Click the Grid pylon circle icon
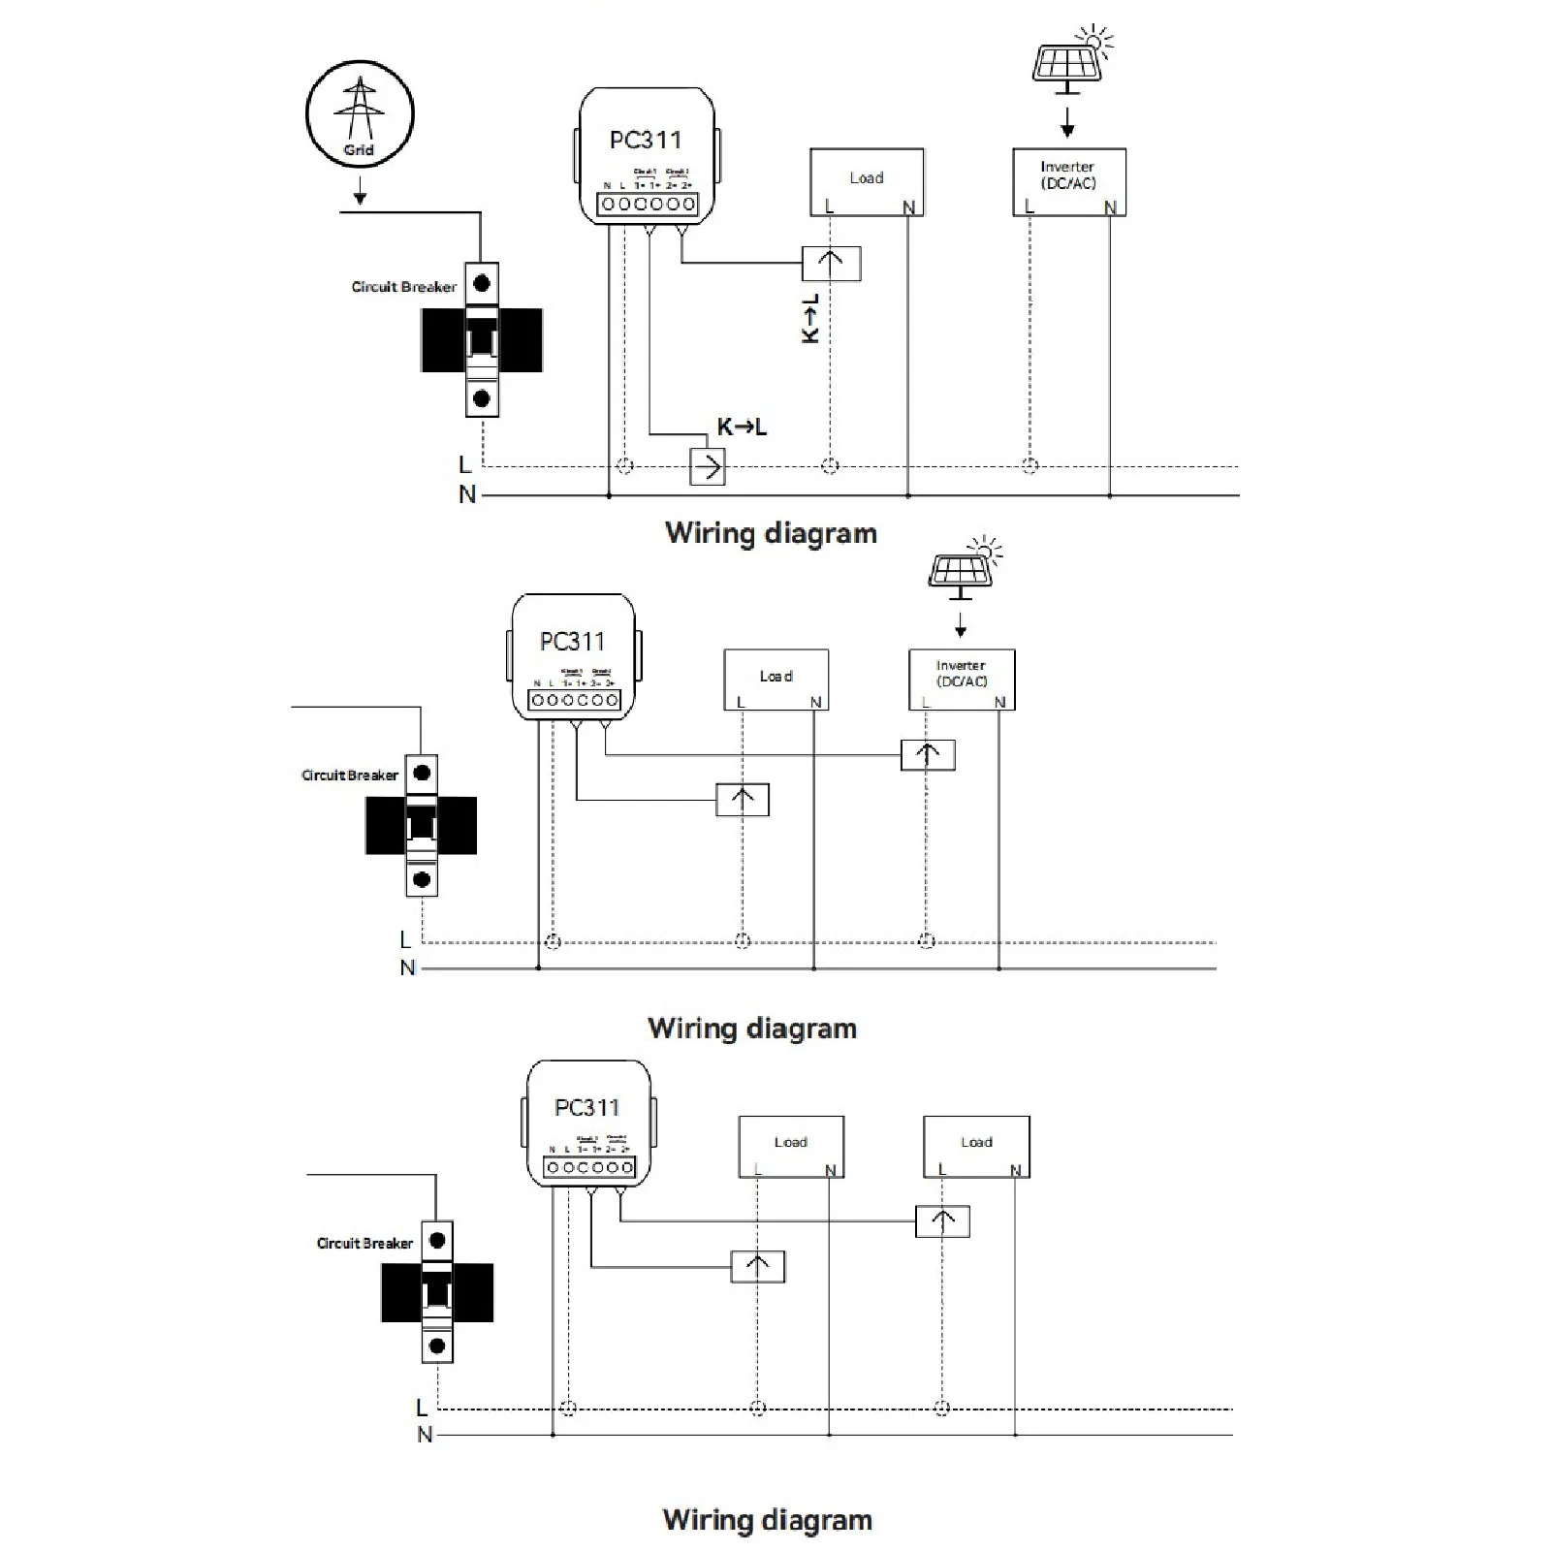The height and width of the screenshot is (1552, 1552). point(360,113)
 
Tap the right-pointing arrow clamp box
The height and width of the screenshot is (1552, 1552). point(708,467)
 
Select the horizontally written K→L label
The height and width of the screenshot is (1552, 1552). point(742,427)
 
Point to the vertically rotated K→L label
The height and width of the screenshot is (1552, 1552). point(811,319)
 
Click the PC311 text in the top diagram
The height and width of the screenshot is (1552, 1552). point(646,141)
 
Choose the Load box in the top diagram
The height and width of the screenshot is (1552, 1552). point(867,181)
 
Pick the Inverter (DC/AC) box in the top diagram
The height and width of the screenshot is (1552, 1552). point(1069,181)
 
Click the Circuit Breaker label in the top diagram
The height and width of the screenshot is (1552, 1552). point(403,287)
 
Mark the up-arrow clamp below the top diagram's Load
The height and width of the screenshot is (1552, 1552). point(832,263)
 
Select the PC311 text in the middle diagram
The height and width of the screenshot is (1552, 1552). point(572,642)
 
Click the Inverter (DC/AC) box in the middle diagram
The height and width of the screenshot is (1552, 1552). point(962,679)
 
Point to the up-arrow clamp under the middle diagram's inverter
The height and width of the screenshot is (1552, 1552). point(928,754)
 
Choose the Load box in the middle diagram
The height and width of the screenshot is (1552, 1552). point(776,679)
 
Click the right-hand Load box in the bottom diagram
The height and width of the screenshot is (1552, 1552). point(976,1146)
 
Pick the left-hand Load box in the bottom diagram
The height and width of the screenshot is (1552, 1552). point(791,1146)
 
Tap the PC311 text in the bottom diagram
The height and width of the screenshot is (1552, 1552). point(587,1108)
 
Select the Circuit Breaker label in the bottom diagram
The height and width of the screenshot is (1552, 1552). point(364,1243)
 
